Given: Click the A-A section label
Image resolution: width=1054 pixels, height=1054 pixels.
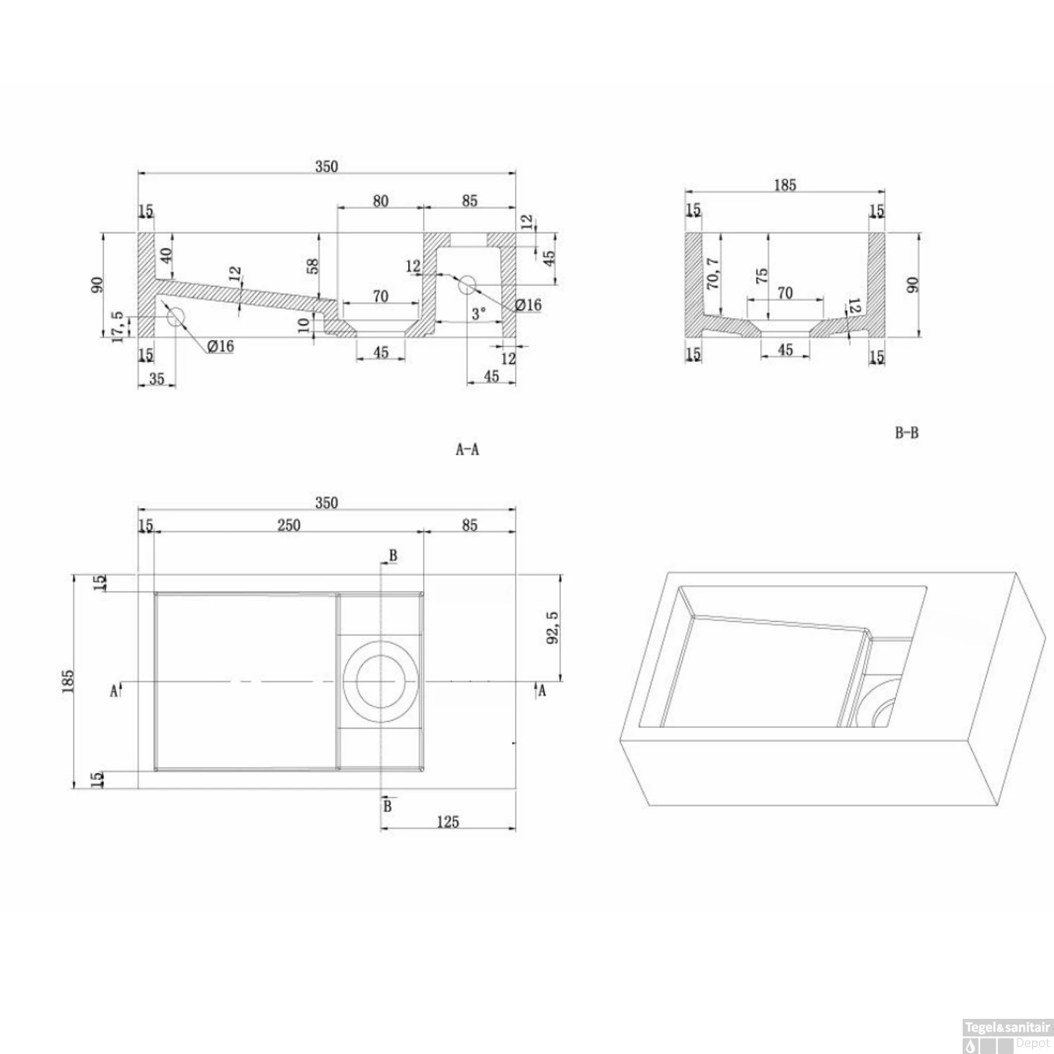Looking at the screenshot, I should (467, 450).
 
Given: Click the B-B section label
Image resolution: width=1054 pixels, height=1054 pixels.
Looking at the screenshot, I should (906, 433).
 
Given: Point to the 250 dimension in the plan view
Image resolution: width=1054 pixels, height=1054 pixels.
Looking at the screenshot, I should (289, 525).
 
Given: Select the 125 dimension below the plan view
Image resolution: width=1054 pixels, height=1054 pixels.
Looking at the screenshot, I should (448, 821).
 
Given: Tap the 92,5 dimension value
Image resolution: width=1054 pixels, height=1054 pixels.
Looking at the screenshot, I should (552, 627).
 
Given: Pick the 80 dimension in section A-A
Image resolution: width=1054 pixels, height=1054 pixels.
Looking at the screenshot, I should (380, 201).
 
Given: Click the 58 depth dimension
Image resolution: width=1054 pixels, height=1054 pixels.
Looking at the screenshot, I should (313, 266).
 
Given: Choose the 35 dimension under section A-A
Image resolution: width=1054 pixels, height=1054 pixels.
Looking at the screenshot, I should (156, 379).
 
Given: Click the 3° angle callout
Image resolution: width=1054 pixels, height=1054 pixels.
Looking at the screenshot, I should (478, 313).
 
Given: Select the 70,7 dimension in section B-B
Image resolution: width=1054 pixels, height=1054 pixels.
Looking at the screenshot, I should (713, 273).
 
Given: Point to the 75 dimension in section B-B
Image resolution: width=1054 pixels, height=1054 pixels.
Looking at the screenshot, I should (762, 275).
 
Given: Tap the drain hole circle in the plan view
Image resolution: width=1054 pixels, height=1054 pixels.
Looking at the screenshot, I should (380, 681).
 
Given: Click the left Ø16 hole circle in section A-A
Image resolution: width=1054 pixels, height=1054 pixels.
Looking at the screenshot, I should (175, 317).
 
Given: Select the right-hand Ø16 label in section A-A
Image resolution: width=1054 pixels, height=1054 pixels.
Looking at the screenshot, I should (528, 305).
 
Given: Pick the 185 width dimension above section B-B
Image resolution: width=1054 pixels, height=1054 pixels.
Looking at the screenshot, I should (785, 185).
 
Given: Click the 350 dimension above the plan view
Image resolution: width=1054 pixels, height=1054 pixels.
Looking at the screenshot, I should (326, 502).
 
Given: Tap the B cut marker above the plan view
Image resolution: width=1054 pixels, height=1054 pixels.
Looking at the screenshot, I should (393, 555).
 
